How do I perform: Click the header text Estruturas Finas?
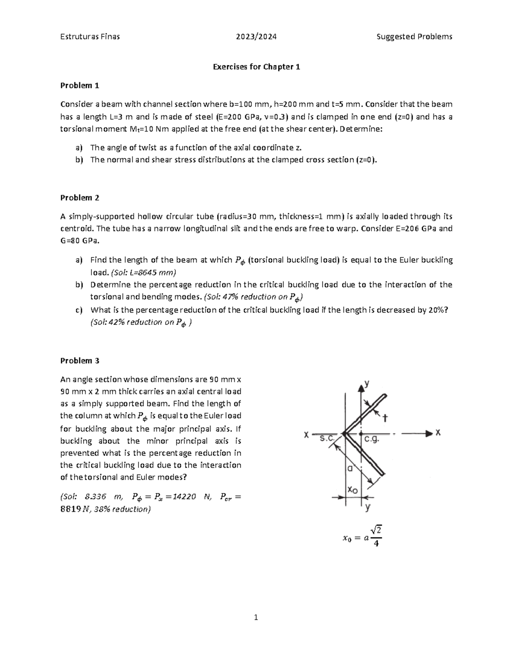click(90, 36)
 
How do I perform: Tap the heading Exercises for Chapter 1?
click(256, 67)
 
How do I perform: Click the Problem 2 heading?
click(80, 198)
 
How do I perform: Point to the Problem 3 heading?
click(80, 360)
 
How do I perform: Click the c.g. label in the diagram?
click(371, 439)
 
